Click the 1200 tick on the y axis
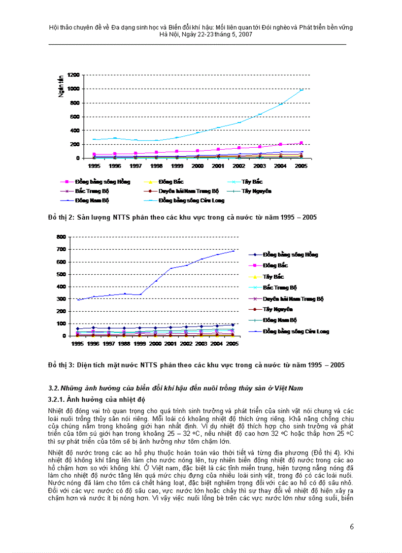coord(73,75)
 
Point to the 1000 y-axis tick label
coord(73,89)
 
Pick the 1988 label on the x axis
coord(125,344)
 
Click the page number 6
coord(352,527)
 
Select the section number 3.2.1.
coord(57,399)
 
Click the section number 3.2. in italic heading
coord(54,388)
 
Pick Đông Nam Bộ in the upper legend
coord(92,200)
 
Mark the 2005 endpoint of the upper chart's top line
coord(301,90)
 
